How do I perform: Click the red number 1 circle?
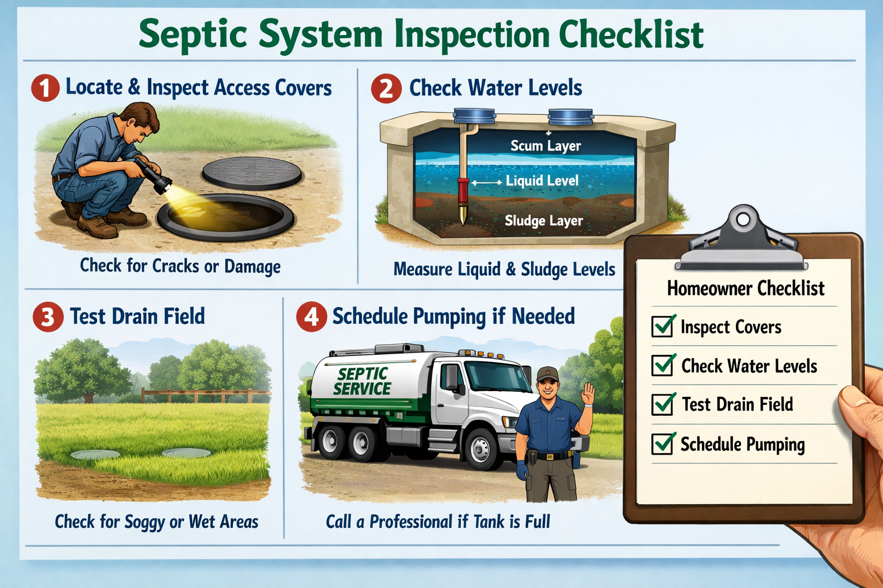[x=45, y=88]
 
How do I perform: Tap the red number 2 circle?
[x=386, y=89]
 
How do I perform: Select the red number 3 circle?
[x=48, y=317]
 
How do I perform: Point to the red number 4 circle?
[x=311, y=317]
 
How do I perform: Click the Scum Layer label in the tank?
[x=546, y=146]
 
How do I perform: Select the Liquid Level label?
[x=542, y=181]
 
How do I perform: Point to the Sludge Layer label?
[x=543, y=221]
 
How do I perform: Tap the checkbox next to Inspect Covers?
[x=663, y=326]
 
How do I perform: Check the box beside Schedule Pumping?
[x=663, y=443]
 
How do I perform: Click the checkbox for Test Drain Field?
[x=663, y=404]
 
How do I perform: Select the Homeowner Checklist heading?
[x=746, y=288]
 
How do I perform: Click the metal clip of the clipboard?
[x=742, y=241]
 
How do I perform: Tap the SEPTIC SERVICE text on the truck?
[x=362, y=381]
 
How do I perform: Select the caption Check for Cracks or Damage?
[x=180, y=266]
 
